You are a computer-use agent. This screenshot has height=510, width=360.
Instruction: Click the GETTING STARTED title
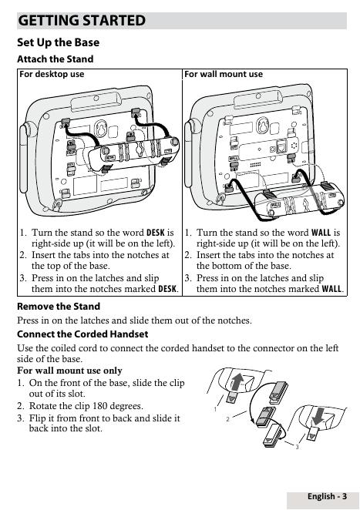click(x=82, y=21)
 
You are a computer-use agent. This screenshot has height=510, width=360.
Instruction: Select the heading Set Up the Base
click(x=59, y=42)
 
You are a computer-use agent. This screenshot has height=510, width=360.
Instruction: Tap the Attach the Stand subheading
click(x=56, y=59)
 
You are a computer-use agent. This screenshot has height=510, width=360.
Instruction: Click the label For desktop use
click(x=52, y=74)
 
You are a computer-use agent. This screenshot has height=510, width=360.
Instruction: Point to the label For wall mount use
click(x=224, y=74)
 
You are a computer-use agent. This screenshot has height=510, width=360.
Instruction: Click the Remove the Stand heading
click(x=59, y=307)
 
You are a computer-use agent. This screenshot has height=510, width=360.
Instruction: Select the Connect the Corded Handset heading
click(x=82, y=334)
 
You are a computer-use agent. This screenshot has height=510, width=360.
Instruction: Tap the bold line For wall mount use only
click(x=69, y=371)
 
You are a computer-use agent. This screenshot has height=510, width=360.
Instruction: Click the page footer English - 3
click(x=327, y=496)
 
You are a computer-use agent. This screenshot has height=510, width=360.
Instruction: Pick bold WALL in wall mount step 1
click(x=321, y=233)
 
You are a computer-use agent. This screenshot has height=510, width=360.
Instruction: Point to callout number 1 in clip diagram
click(x=216, y=409)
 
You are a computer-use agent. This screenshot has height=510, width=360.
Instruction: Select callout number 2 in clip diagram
click(x=228, y=419)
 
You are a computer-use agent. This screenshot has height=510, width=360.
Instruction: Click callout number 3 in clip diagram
click(x=297, y=448)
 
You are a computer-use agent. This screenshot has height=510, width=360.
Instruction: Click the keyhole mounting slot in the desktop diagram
click(x=101, y=129)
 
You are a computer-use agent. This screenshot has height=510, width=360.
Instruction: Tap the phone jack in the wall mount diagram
click(x=281, y=146)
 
